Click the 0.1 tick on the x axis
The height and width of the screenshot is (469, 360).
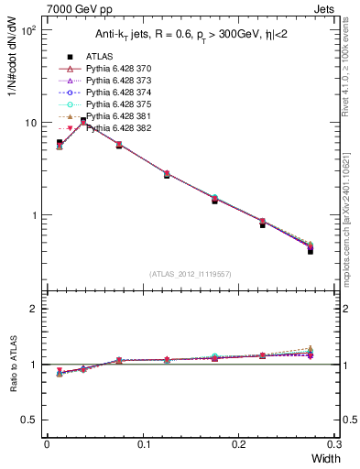click(x=143, y=445)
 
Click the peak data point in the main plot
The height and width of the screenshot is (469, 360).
click(x=83, y=121)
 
